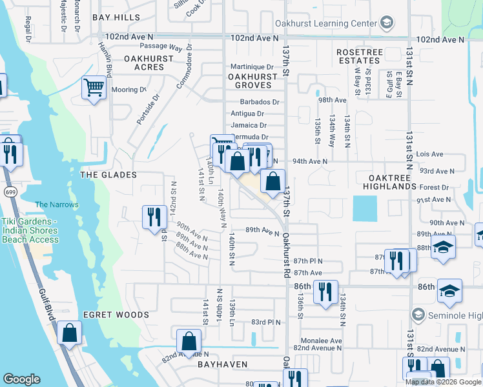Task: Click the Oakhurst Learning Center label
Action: click(325, 23)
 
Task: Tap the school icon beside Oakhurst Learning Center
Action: click(386, 23)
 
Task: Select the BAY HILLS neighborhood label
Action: click(116, 17)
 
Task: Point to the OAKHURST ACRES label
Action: click(149, 63)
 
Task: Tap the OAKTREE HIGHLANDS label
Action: click(384, 181)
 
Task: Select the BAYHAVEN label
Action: click(222, 364)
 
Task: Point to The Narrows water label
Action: click(57, 205)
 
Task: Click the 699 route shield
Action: click(10, 192)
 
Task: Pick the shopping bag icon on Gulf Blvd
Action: click(70, 333)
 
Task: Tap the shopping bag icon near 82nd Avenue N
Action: click(189, 340)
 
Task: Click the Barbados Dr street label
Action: click(260, 102)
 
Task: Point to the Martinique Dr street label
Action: click(252, 66)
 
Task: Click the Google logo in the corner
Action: click(21, 379)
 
